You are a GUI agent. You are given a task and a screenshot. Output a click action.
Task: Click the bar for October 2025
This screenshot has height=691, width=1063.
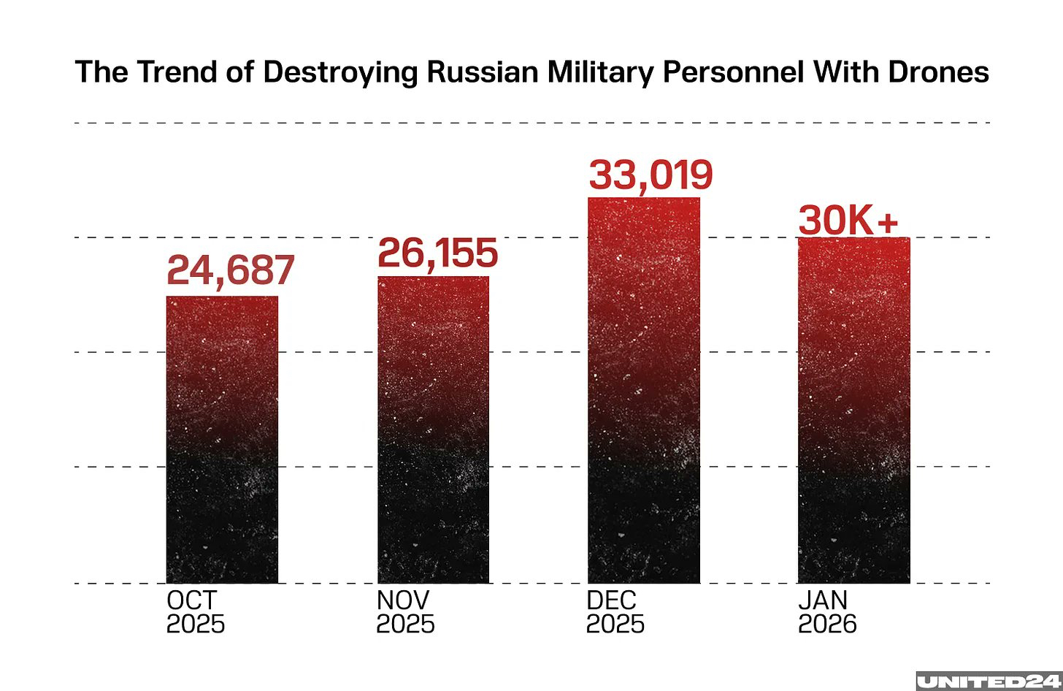point(222,439)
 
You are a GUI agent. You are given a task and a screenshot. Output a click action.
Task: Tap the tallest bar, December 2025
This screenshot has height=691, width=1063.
point(643,390)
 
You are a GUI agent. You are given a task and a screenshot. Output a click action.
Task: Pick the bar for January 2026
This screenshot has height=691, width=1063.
point(853,410)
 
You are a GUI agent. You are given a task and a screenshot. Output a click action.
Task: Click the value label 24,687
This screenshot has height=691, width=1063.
point(230,270)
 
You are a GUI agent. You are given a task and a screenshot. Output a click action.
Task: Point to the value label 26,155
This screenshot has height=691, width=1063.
point(437,253)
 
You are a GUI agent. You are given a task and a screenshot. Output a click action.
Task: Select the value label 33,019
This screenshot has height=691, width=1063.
point(651,175)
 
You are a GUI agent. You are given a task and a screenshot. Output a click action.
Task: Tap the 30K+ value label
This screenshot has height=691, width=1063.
point(848,220)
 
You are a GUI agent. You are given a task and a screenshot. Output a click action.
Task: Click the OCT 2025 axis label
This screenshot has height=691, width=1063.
point(195,612)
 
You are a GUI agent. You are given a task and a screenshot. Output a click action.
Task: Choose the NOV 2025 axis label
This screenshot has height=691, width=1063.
point(405,612)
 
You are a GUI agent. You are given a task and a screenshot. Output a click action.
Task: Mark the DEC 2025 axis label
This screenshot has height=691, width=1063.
point(615,612)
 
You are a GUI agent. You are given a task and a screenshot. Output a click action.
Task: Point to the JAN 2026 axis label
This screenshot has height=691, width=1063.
point(826,612)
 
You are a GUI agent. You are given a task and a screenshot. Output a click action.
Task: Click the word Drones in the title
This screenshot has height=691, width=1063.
point(938,72)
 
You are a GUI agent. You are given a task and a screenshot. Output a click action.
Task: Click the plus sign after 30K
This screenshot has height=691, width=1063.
point(888,222)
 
